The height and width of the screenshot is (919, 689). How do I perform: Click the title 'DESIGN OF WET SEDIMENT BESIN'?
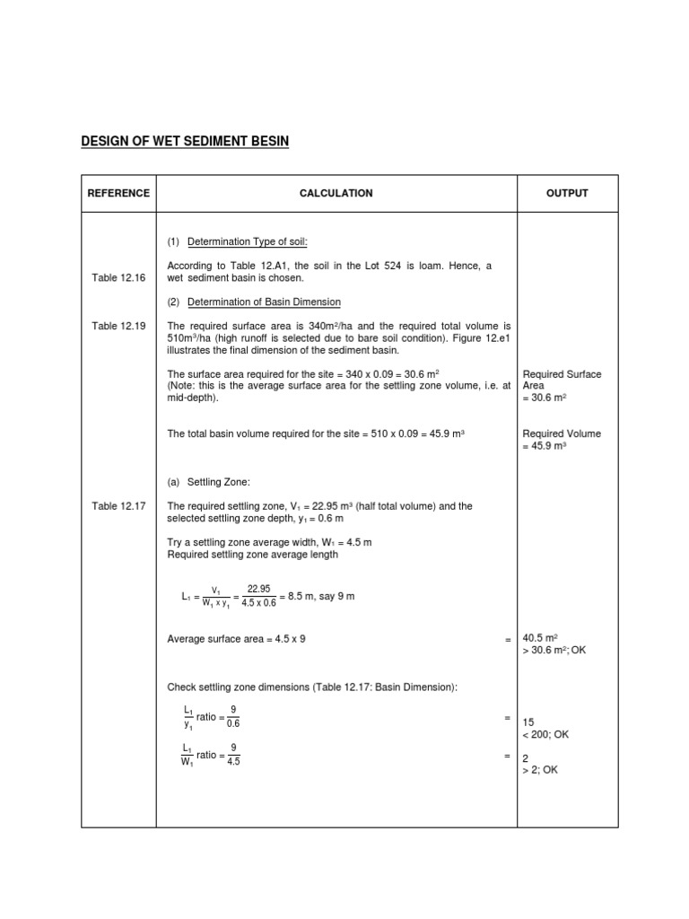[x=185, y=142]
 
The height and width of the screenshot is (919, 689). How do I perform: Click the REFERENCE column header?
[x=118, y=193]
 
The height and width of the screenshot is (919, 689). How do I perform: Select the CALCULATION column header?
[x=336, y=193]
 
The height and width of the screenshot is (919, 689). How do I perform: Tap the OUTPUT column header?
[x=567, y=193]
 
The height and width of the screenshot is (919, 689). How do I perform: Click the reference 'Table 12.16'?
[x=118, y=278]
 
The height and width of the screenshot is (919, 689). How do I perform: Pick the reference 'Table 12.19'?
[x=118, y=326]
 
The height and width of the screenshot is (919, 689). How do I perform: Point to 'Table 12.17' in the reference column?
[x=118, y=506]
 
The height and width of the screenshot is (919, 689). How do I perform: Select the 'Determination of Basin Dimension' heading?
[x=263, y=302]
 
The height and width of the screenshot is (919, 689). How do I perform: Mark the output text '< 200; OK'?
[x=545, y=734]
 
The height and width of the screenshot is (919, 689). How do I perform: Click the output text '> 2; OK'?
[x=540, y=769]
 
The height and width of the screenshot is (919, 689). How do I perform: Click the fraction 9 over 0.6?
[x=233, y=715]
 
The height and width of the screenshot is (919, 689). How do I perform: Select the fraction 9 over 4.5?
[x=233, y=754]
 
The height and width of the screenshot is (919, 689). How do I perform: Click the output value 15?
[x=528, y=722]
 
